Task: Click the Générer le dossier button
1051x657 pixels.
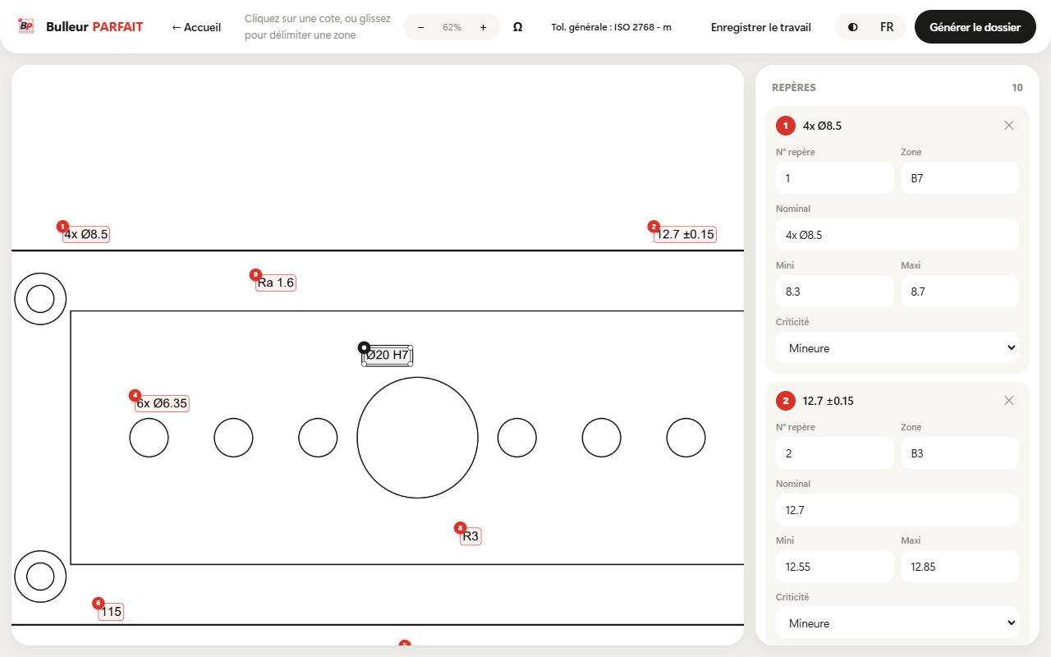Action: tap(975, 27)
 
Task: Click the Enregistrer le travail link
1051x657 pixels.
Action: tap(760, 27)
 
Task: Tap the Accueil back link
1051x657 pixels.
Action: tap(196, 27)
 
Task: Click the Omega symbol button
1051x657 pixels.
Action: tap(517, 27)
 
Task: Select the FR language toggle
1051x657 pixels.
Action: tap(887, 27)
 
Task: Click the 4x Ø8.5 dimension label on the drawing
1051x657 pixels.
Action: tap(86, 234)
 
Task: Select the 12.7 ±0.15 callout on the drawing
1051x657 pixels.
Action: tap(685, 234)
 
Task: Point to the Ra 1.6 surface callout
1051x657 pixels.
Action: tap(275, 283)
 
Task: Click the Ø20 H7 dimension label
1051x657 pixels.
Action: tap(387, 356)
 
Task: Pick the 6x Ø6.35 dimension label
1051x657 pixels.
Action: tap(162, 403)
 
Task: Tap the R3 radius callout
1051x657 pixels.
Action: tap(470, 536)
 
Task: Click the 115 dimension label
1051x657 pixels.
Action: tap(111, 612)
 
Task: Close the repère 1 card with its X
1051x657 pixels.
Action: tap(1009, 126)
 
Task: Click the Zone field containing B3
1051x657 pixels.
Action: tap(960, 453)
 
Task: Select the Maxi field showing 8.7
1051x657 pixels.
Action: tap(960, 292)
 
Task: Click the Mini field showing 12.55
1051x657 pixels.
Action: tap(835, 567)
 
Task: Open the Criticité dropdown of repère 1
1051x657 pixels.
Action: tap(897, 347)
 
